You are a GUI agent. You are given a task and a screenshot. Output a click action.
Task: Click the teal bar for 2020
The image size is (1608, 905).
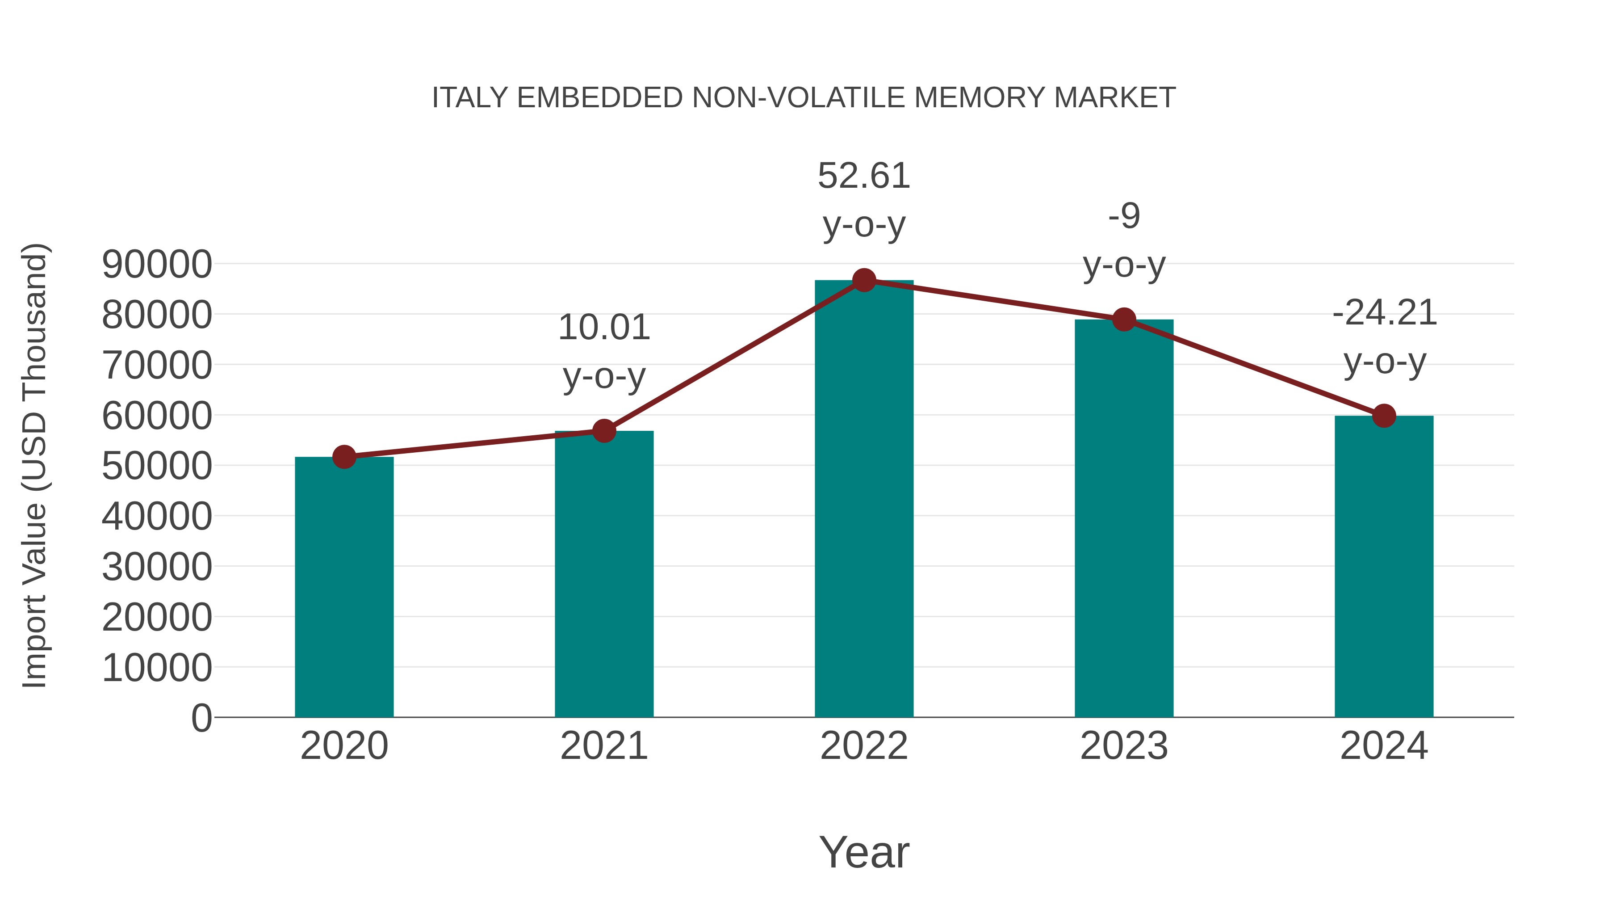click(x=344, y=587)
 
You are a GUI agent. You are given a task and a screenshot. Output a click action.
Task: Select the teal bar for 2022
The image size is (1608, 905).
click(x=864, y=500)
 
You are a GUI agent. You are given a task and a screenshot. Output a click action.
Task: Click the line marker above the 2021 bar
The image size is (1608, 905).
click(x=603, y=431)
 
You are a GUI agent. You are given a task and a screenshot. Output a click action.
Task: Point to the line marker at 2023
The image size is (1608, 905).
click(x=1124, y=320)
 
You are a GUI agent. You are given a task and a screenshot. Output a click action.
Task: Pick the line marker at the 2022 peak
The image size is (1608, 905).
click(x=864, y=280)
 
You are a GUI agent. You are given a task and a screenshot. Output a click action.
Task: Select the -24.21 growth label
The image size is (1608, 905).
click(x=1384, y=313)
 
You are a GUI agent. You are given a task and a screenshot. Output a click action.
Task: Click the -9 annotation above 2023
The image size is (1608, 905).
click(x=1124, y=216)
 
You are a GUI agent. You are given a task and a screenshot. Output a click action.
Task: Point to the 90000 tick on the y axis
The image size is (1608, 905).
click(x=157, y=264)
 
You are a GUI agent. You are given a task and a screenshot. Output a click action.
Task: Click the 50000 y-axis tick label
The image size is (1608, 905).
click(x=157, y=466)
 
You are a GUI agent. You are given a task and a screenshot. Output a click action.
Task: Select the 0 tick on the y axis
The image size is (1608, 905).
click(x=201, y=718)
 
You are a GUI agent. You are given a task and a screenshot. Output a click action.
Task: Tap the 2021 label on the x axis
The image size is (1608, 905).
click(x=603, y=746)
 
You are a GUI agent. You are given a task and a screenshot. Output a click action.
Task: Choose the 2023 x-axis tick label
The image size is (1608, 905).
click(x=1124, y=746)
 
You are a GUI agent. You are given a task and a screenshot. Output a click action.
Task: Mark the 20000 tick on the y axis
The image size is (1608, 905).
click(x=157, y=617)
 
